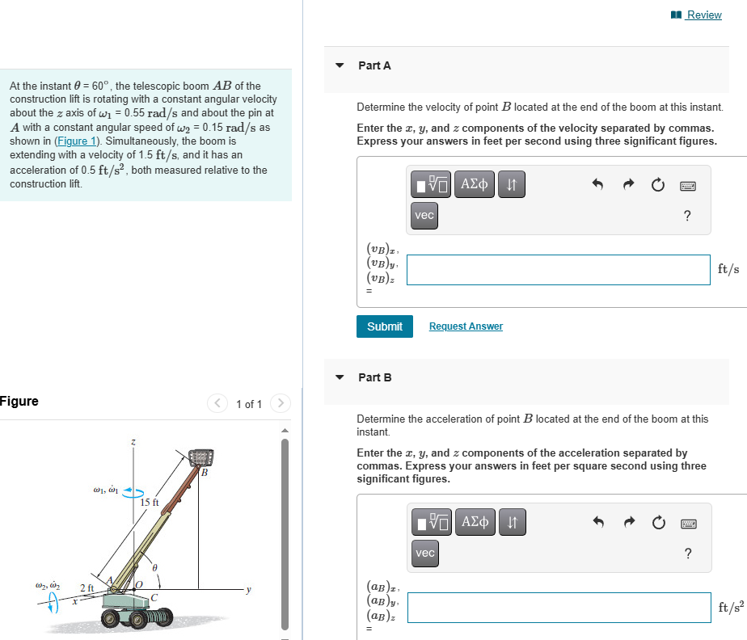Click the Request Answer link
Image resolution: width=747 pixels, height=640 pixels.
point(466,326)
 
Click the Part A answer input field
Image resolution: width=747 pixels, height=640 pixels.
point(558,270)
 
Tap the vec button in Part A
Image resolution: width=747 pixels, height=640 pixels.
point(424,215)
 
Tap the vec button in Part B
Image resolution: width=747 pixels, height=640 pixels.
point(424,553)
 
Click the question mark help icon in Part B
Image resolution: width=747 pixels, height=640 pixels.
point(687,554)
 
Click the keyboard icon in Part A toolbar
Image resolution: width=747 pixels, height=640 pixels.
point(687,186)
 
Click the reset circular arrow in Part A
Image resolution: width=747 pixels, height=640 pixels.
point(658,186)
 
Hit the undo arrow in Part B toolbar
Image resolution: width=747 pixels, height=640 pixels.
point(598,524)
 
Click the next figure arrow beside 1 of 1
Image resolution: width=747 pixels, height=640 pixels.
point(280,403)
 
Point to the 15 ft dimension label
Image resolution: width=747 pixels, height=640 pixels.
point(150,503)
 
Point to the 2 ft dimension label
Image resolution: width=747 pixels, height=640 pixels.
point(87,587)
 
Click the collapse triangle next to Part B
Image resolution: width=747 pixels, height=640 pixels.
point(340,377)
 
